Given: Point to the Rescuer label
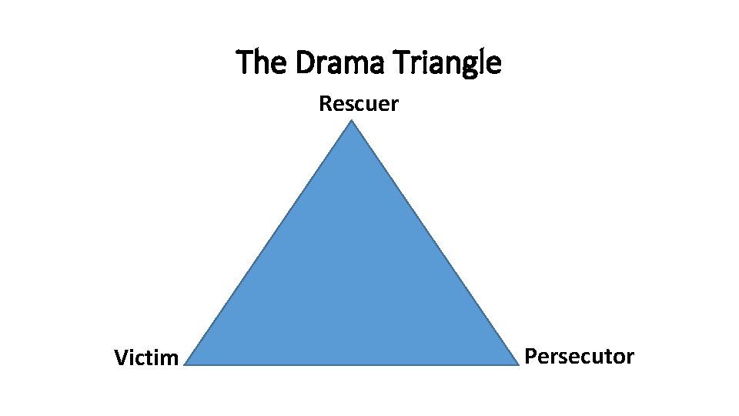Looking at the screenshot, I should pos(359,104).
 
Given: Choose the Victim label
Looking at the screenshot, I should pos(146,358).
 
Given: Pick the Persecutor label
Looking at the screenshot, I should pos(580,357).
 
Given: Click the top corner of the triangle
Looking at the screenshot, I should pos(352,123).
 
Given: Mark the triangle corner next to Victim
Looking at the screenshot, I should pos(187,363).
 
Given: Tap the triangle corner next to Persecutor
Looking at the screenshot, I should pos(517,363).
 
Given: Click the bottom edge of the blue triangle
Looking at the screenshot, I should pos(352,364).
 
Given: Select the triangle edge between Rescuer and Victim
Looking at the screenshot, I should pos(269,243).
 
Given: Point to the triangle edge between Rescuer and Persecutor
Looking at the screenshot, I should pos(435,243).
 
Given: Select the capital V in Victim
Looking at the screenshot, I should pos(121,358).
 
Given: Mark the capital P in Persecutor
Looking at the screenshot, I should pos(530,357).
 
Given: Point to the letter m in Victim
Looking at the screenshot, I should pos(170,360).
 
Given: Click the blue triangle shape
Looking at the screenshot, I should pos(352,285).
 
